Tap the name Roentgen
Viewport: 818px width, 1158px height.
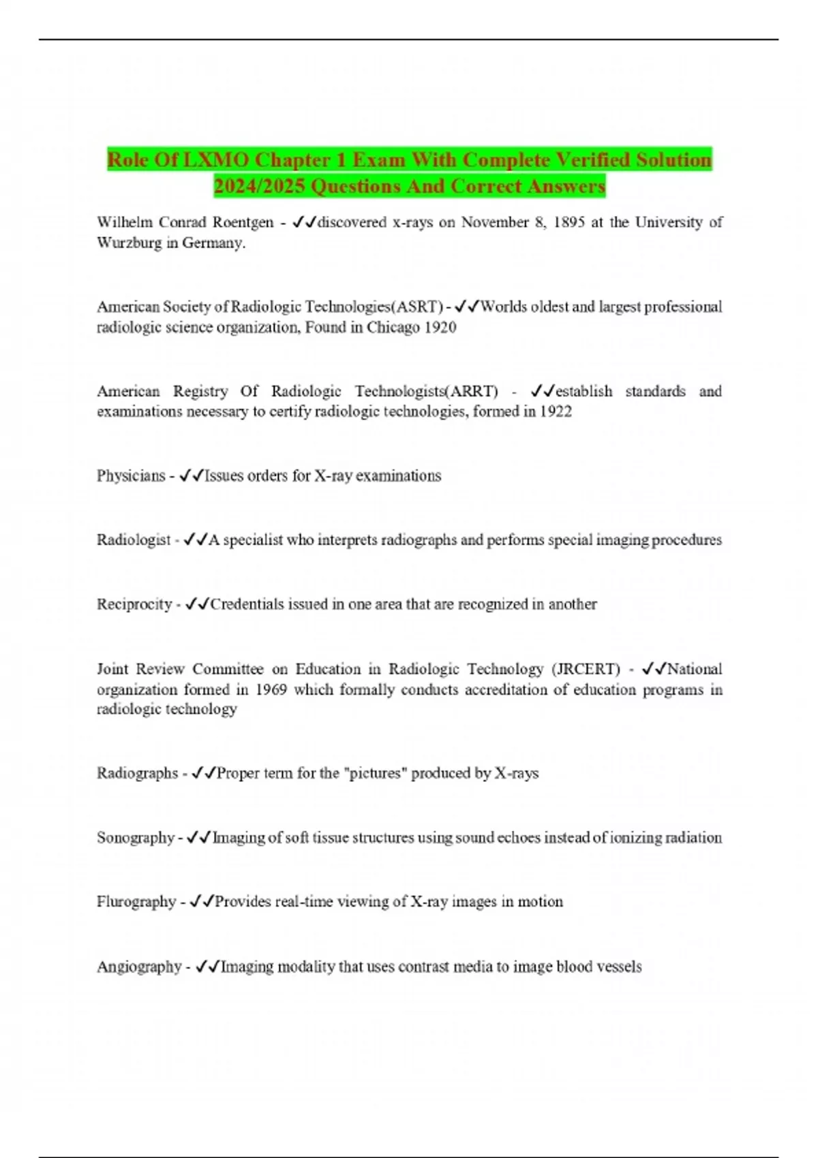tap(243, 223)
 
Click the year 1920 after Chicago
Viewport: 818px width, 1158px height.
tap(440, 328)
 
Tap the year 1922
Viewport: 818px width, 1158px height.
tap(556, 411)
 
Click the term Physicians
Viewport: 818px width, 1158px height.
tap(131, 476)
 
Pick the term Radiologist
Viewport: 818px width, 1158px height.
tap(134, 540)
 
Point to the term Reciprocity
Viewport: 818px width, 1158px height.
tap(134, 605)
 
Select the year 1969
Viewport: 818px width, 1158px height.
tap(271, 689)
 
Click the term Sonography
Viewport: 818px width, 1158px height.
tap(136, 838)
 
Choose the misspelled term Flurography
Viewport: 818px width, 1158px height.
tap(136, 902)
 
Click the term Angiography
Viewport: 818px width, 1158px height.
tap(139, 967)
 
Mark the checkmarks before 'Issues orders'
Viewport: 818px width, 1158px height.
tap(191, 476)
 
